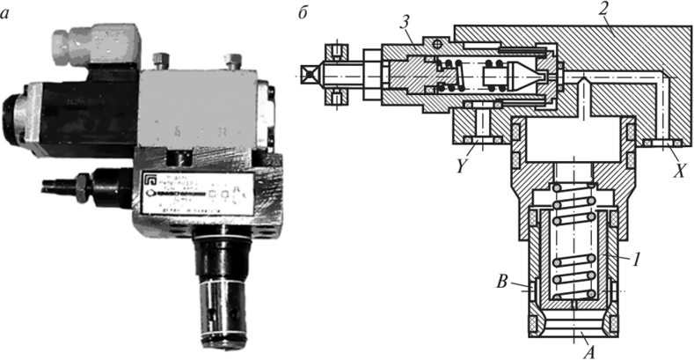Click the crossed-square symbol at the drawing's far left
click(309, 75)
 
